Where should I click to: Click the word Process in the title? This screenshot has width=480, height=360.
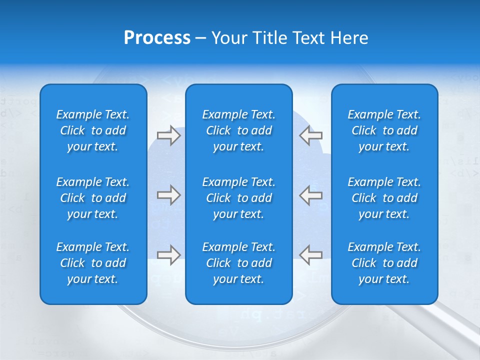[x=157, y=38]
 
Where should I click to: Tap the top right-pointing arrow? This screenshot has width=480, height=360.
[x=168, y=135]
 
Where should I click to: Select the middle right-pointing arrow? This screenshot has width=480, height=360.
[x=168, y=195]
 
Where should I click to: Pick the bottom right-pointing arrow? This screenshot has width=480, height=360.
[x=168, y=255]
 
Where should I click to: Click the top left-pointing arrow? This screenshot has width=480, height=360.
[x=310, y=135]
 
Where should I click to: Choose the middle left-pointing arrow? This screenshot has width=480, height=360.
[x=310, y=195]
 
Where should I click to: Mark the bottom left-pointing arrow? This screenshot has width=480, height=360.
[x=310, y=255]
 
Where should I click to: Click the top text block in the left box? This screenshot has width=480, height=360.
[x=93, y=130]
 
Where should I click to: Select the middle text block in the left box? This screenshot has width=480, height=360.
[x=93, y=198]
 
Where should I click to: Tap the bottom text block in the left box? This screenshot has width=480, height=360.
[x=93, y=263]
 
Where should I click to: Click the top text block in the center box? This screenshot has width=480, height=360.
[x=238, y=130]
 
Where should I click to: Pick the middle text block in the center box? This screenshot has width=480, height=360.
[x=238, y=198]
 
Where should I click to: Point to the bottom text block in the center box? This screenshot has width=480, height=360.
[x=238, y=263]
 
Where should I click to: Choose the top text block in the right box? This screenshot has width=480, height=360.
[x=384, y=130]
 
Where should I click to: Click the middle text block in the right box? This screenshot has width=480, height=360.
[x=384, y=198]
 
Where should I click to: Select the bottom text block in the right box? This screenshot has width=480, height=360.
[x=384, y=263]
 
